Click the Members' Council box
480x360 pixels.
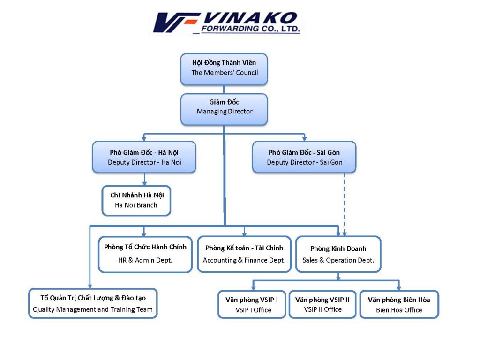click(x=224, y=69)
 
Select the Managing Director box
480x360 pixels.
click(x=224, y=109)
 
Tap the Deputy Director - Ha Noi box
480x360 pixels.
click(x=144, y=157)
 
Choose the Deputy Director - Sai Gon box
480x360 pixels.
click(x=304, y=157)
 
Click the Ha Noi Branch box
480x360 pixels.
click(x=136, y=200)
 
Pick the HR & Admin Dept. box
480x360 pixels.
click(x=145, y=254)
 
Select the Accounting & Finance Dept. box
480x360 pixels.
click(x=244, y=254)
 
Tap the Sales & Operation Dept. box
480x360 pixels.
click(x=338, y=254)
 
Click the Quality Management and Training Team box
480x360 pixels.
click(x=93, y=304)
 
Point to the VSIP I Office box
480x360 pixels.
click(x=252, y=304)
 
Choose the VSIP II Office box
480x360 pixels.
click(x=322, y=304)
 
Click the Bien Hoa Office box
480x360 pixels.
click(x=399, y=304)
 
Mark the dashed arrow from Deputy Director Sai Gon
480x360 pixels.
click(x=345, y=202)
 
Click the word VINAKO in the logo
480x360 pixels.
click(x=250, y=18)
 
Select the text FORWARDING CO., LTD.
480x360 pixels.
click(x=250, y=29)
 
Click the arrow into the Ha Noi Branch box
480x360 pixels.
click(x=144, y=180)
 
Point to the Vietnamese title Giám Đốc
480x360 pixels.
click(x=224, y=102)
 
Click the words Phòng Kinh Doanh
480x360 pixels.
click(x=338, y=248)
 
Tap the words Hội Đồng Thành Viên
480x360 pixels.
click(x=224, y=63)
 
